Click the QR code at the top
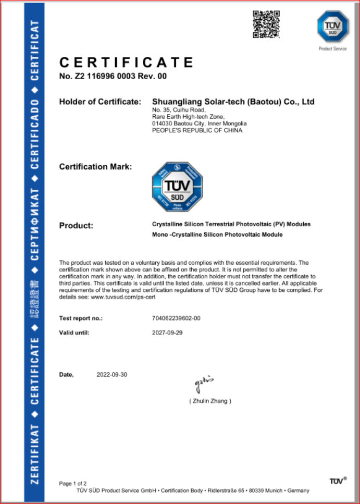point(266,24)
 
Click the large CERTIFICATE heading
point(127,63)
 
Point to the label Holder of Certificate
point(100,102)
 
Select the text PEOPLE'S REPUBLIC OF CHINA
point(197,130)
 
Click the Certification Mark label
point(95,167)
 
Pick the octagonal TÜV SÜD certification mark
point(177,187)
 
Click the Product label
point(76,226)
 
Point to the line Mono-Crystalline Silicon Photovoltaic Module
point(217,235)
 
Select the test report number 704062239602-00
point(176,318)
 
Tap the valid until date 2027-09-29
point(167,333)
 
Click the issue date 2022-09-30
point(112,375)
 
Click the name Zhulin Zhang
point(210,401)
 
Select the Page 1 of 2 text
point(73,483)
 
